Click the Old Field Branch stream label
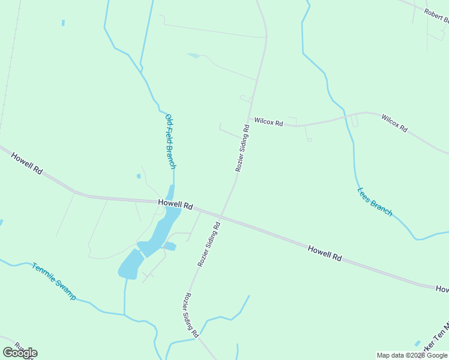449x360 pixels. click(170, 141)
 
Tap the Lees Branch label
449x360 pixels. click(375, 202)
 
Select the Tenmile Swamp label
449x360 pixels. click(54, 281)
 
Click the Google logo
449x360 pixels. click(20, 352)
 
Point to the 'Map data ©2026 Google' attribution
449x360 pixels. click(412, 355)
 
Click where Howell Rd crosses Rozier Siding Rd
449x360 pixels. click(222, 214)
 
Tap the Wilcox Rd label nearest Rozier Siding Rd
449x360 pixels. click(268, 122)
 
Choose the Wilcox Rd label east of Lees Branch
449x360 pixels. click(394, 123)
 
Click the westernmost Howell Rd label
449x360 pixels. click(27, 163)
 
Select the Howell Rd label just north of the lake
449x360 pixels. click(175, 204)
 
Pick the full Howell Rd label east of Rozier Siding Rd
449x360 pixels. click(325, 253)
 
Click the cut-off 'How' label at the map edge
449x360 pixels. click(442, 290)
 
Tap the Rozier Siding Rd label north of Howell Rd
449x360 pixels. click(242, 148)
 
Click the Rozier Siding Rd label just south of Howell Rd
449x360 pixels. click(209, 244)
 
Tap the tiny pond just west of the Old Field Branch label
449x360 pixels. click(139, 176)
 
